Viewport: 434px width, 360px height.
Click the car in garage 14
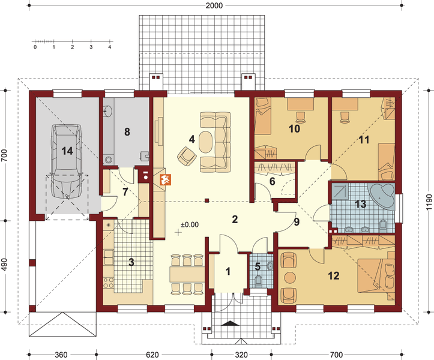point(67,161)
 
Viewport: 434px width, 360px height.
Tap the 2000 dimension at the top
point(214,5)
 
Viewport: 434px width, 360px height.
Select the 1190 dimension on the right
point(429,202)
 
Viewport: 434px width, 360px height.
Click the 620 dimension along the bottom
point(152,355)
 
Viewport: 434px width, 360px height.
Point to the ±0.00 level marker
point(190,224)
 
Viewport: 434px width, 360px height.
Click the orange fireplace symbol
point(166,179)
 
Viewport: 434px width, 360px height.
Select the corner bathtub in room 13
point(382,196)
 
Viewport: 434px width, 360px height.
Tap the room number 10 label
point(294,128)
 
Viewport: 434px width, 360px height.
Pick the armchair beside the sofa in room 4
point(187,156)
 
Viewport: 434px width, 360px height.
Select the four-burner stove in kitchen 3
point(108,283)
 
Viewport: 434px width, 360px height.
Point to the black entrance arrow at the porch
point(229,323)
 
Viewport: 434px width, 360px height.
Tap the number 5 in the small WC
point(258,267)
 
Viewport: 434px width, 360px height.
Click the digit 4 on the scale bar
point(110,47)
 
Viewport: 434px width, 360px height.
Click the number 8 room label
point(127,132)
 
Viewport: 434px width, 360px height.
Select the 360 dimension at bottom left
point(61,355)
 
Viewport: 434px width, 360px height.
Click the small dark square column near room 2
point(206,200)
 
